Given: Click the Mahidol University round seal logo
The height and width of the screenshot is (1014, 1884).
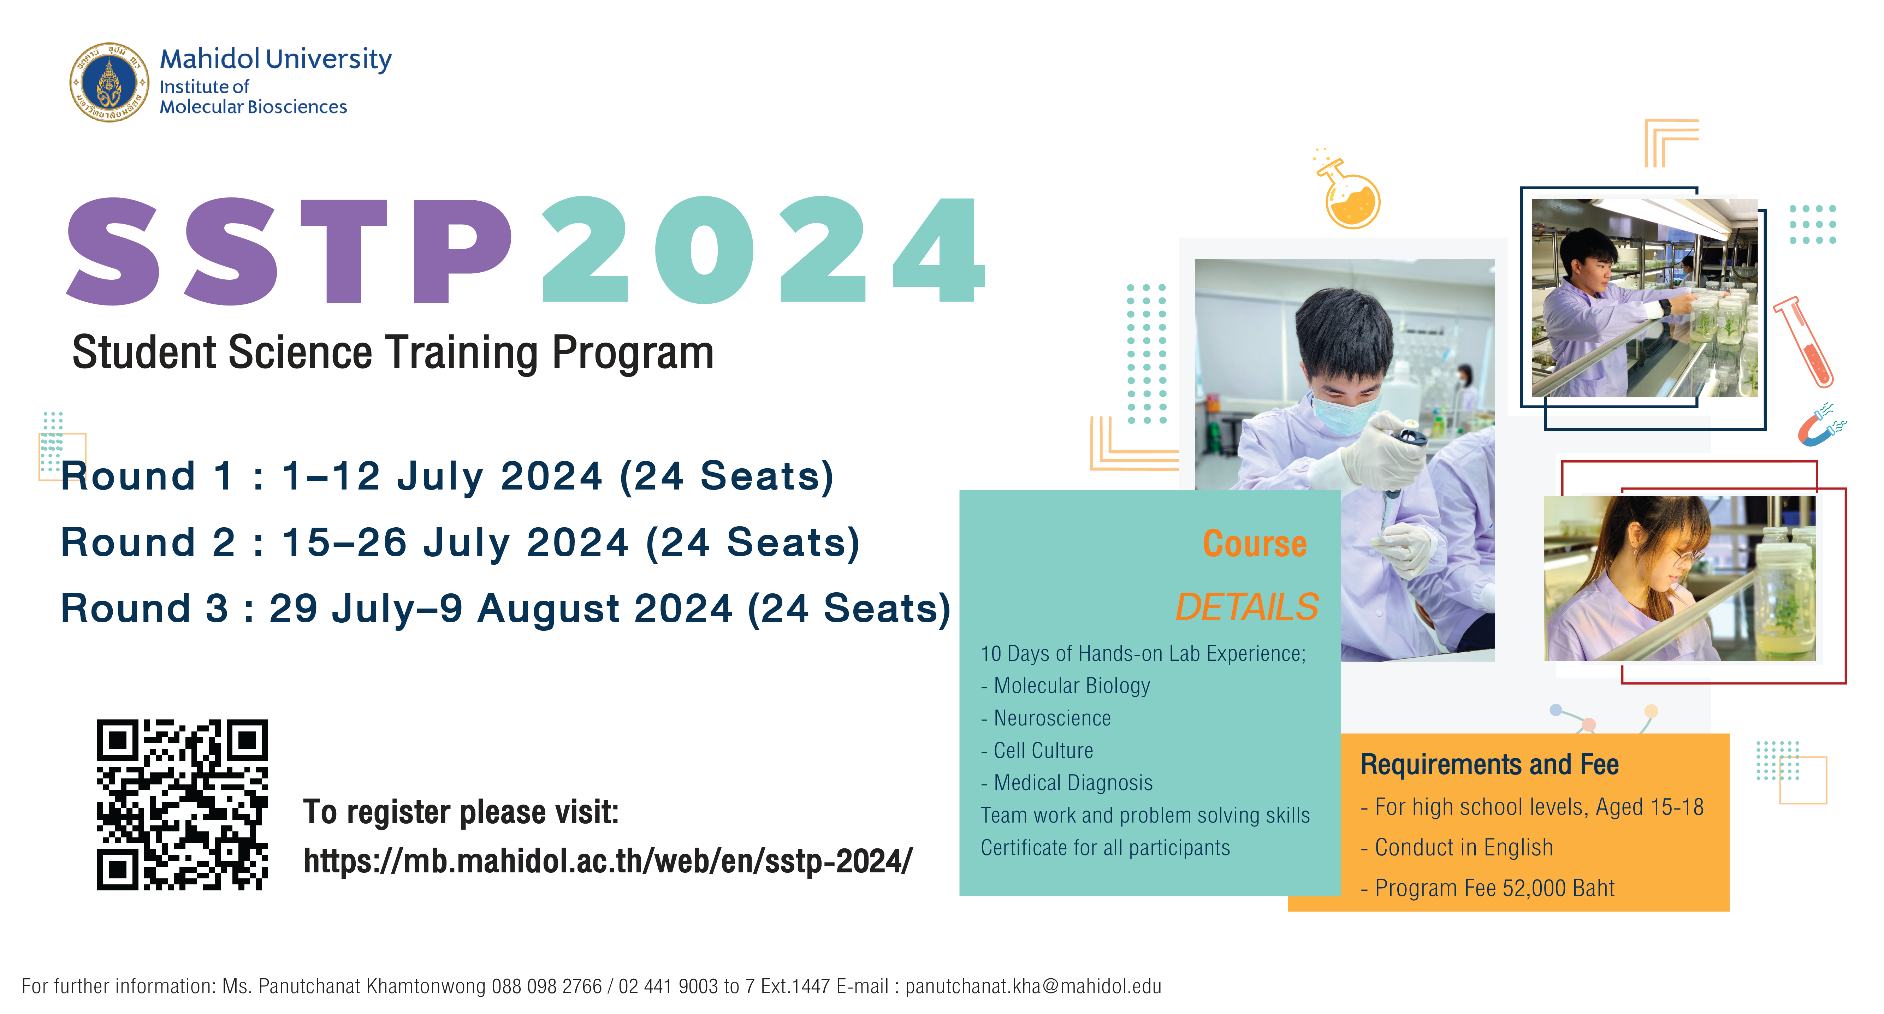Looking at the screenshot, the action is pyautogui.click(x=109, y=82).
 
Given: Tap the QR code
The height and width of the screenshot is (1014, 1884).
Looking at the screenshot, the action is pyautogui.click(x=182, y=804).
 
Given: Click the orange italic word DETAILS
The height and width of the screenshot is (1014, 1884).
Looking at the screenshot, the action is pyautogui.click(x=1247, y=607).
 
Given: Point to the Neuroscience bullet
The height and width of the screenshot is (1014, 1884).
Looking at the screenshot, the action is pyautogui.click(x=1046, y=718).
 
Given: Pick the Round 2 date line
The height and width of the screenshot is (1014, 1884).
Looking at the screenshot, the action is pyautogui.click(x=460, y=542).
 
